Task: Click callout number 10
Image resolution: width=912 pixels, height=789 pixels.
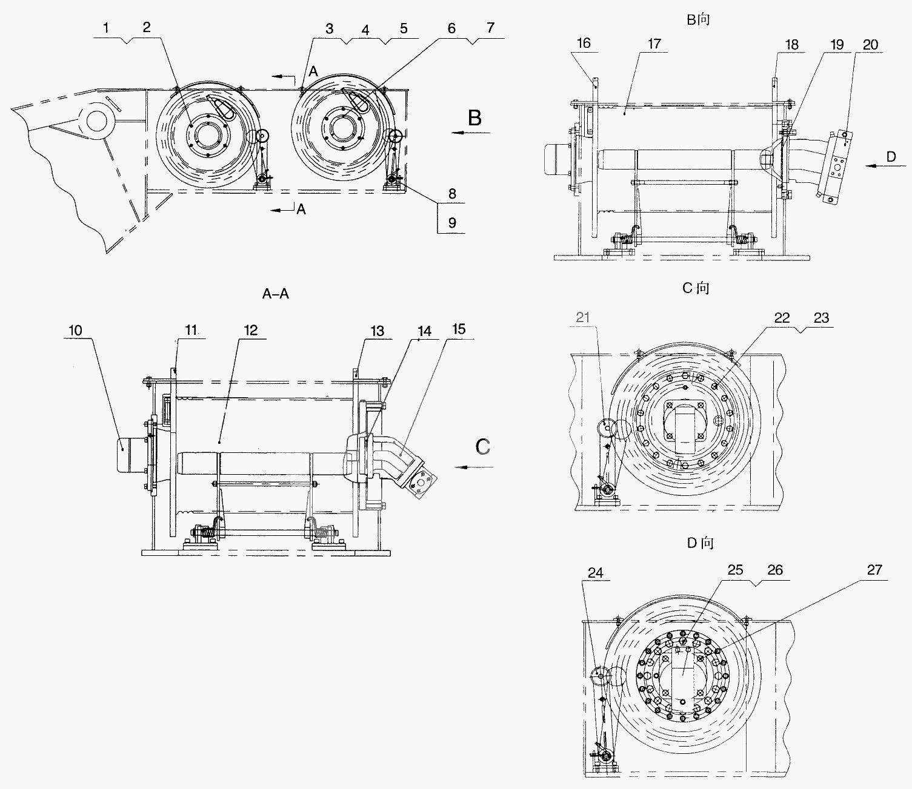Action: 76,331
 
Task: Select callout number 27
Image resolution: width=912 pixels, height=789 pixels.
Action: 874,570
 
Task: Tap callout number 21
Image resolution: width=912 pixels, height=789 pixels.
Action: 582,317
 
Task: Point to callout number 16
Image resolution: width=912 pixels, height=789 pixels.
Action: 584,43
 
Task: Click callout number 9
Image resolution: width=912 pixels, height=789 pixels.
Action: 452,223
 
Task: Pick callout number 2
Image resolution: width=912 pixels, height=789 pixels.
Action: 147,27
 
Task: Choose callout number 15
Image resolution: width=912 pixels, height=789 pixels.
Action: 459,329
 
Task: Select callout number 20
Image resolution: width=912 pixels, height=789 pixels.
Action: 871,45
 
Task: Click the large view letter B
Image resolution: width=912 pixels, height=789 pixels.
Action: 474,117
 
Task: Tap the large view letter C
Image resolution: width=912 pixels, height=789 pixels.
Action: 483,446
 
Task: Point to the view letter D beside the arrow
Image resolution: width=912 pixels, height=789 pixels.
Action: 891,156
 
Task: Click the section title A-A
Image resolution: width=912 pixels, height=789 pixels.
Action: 275,294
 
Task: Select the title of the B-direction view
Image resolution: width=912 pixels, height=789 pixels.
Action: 698,20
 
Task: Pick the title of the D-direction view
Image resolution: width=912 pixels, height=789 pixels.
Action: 701,543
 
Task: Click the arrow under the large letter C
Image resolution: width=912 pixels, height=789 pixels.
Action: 473,467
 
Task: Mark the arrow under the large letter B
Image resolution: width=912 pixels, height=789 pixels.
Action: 470,132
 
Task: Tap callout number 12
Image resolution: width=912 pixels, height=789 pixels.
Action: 251,331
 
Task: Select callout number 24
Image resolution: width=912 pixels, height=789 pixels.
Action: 595,573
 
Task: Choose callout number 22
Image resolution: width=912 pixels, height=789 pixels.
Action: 782,318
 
